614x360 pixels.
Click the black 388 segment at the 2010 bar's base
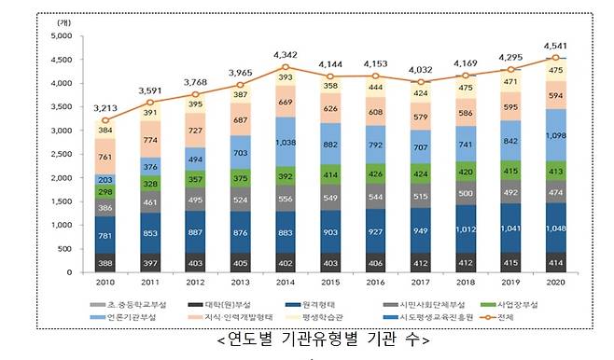coord(105,263)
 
